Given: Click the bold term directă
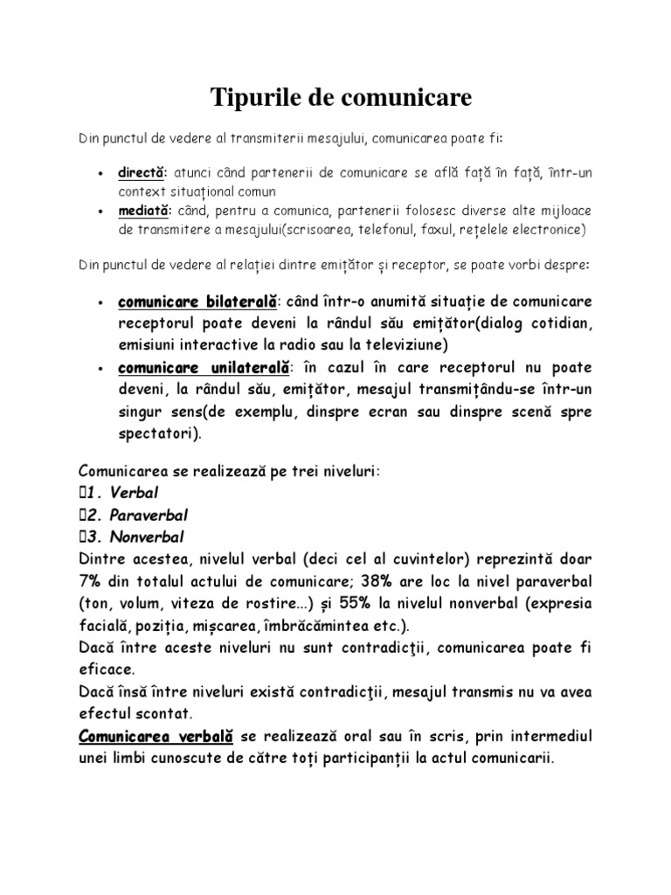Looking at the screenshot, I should [142, 173].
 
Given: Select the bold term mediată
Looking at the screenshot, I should [145, 212].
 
